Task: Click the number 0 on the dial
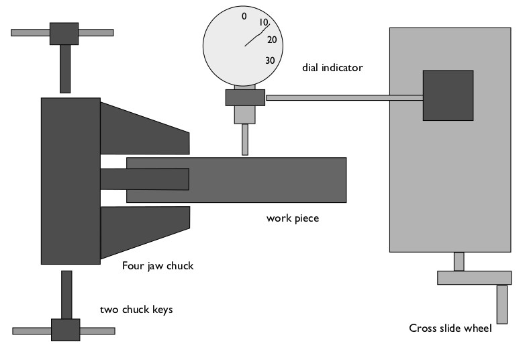click(244, 15)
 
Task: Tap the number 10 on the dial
click(264, 23)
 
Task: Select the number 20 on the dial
click(271, 40)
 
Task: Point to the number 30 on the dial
click(270, 60)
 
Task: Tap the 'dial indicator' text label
click(332, 68)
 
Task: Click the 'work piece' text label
click(292, 218)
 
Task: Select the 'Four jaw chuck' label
click(158, 266)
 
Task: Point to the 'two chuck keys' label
click(136, 310)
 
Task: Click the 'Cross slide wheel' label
click(450, 328)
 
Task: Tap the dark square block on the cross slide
click(448, 95)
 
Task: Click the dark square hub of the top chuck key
click(62, 32)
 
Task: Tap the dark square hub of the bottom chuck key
click(65, 330)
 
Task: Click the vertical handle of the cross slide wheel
click(502, 304)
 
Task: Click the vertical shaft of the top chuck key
click(65, 69)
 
